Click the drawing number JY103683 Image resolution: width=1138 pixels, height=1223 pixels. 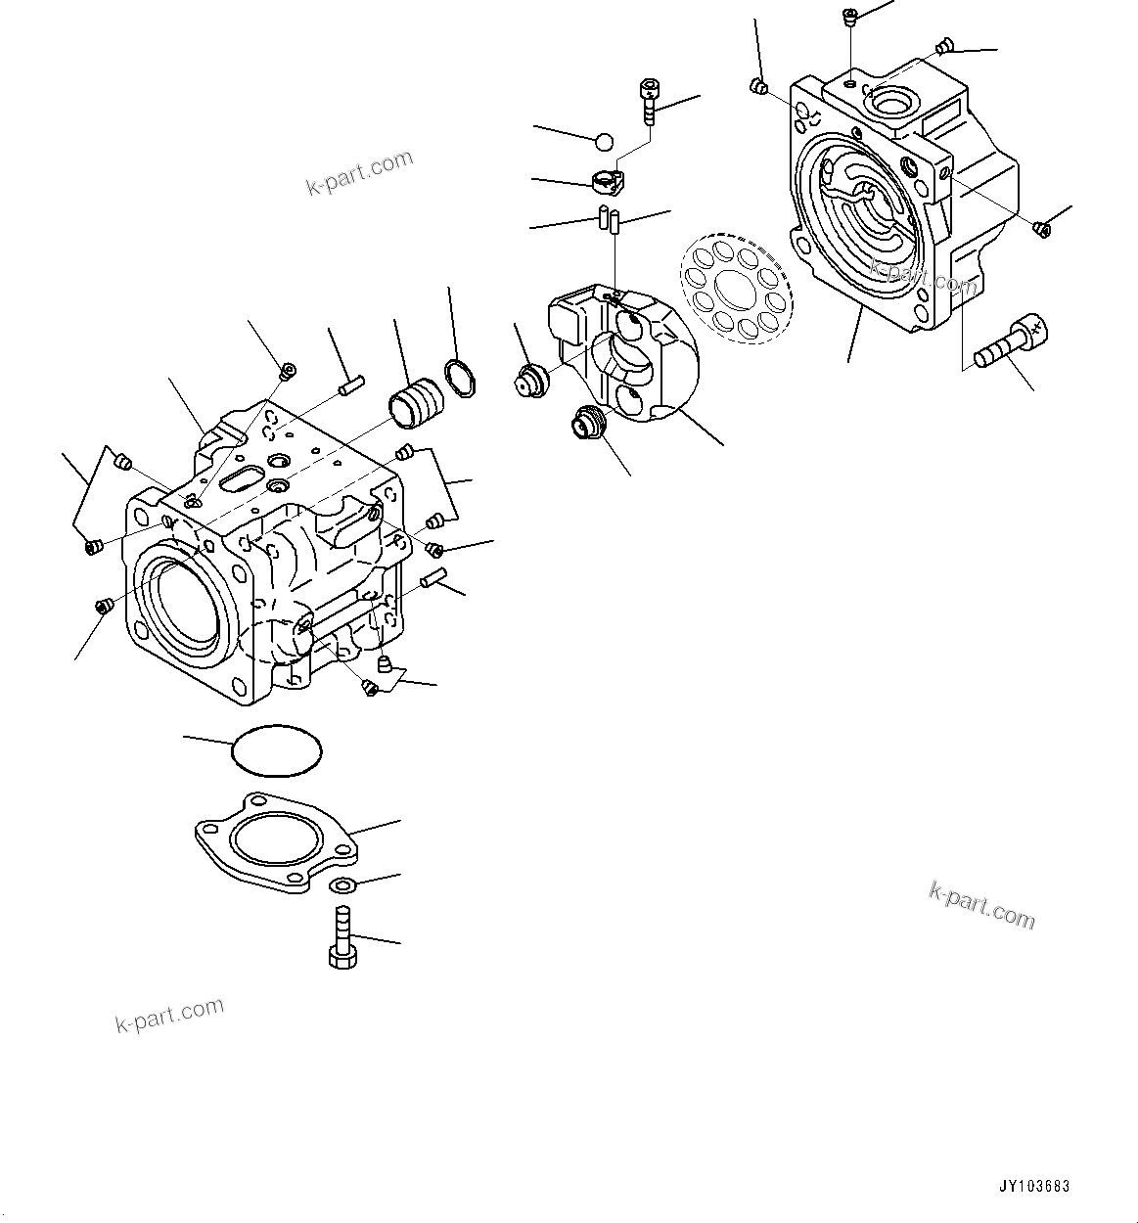1034,1187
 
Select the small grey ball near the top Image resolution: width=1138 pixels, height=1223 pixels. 605,142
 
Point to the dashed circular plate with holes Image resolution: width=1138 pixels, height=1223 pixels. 741,285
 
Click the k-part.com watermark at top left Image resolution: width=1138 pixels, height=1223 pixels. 360,173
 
